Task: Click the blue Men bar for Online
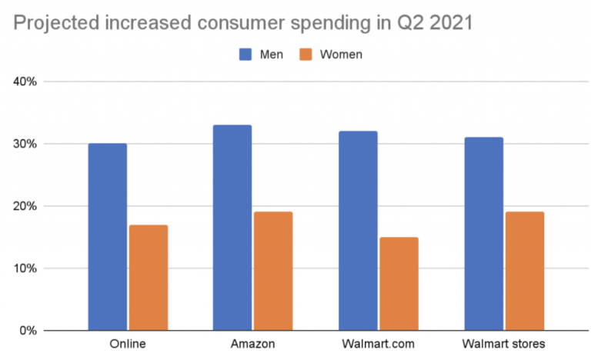[x=108, y=237]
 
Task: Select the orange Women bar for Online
[x=149, y=278]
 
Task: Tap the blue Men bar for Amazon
[x=232, y=228]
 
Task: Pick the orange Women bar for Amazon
[x=273, y=272]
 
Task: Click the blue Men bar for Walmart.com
[x=358, y=231]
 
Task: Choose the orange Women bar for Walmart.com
[x=399, y=284]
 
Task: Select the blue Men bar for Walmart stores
[x=483, y=234]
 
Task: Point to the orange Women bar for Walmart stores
[x=524, y=272]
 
